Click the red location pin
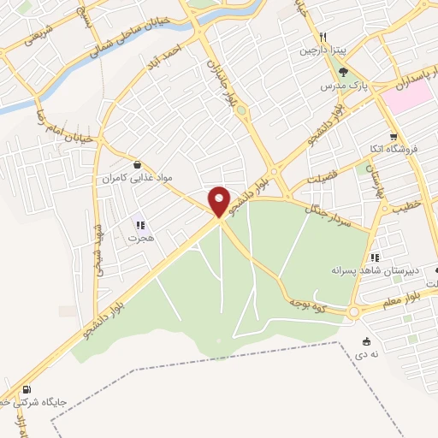click(x=220, y=200)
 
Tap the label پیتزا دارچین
click(x=319, y=50)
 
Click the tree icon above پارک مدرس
click(x=343, y=73)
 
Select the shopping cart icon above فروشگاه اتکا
click(x=393, y=136)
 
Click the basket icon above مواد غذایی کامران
click(x=138, y=163)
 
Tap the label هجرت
click(x=140, y=240)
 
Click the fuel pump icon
click(x=35, y=390)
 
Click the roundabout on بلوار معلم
click(x=353, y=312)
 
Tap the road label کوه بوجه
click(x=304, y=301)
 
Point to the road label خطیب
click(x=407, y=207)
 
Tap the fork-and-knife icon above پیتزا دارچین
click(x=323, y=37)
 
